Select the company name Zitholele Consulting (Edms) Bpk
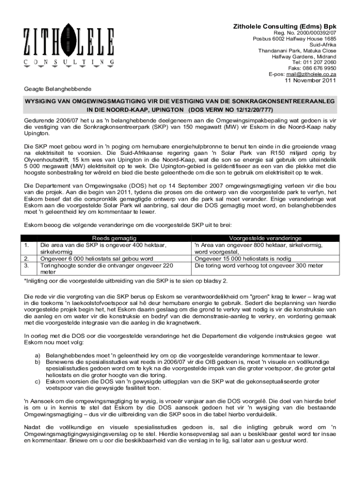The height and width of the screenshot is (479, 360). click(285, 26)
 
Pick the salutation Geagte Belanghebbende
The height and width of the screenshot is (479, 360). click(58, 89)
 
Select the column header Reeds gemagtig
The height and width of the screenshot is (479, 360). click(114, 238)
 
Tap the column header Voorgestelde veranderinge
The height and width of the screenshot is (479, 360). click(265, 238)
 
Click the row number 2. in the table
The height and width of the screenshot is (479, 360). click(27, 258)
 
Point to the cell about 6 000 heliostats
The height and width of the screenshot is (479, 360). click(97, 258)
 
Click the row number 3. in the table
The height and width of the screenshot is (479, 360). click(27, 265)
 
